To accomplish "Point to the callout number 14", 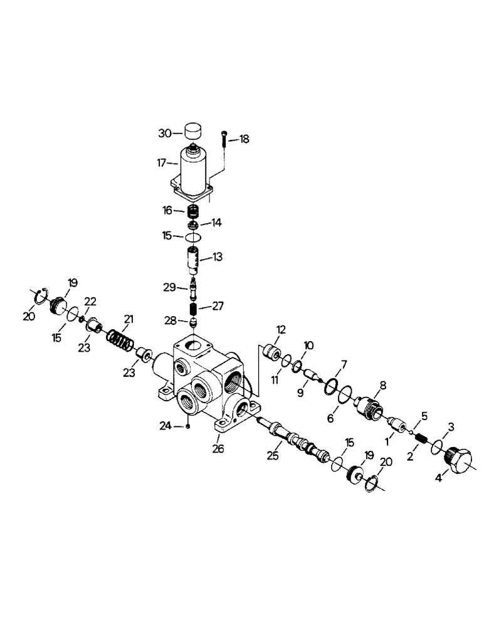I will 216,222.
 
